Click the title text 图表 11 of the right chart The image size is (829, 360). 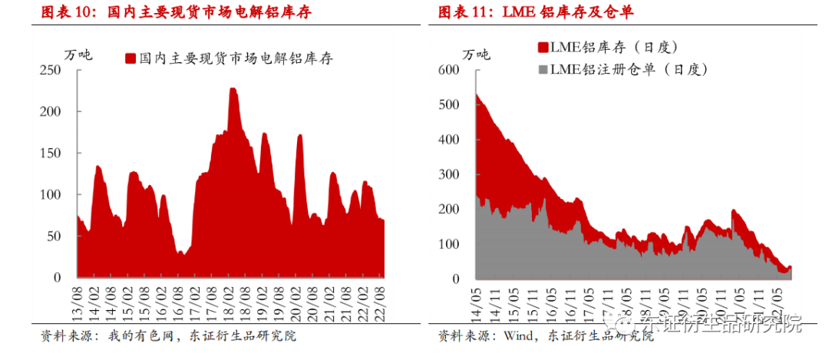click(464, 13)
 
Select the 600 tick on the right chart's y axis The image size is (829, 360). click(448, 70)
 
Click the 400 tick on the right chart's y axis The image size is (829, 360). click(448, 140)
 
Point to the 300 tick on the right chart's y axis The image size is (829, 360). click(448, 174)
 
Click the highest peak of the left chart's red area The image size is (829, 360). click(233, 90)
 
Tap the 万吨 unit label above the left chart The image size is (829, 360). click(78, 54)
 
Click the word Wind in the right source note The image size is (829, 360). click(519, 335)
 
